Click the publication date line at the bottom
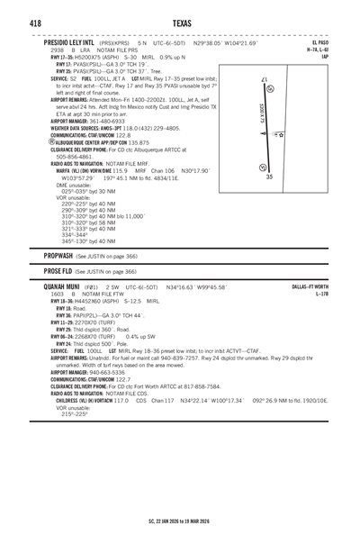pos(180,519)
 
